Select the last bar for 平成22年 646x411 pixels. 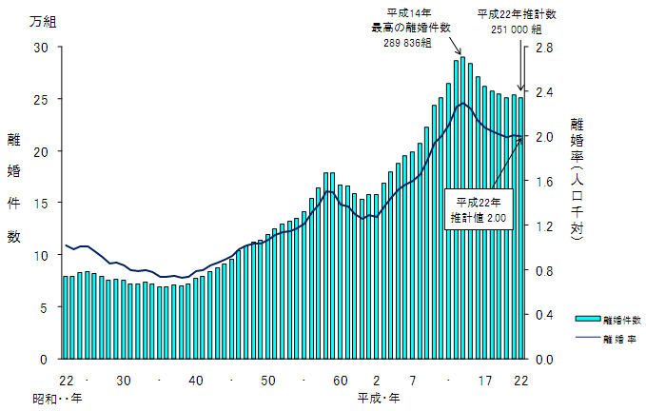(520, 228)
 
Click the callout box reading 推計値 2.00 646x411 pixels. (479, 209)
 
